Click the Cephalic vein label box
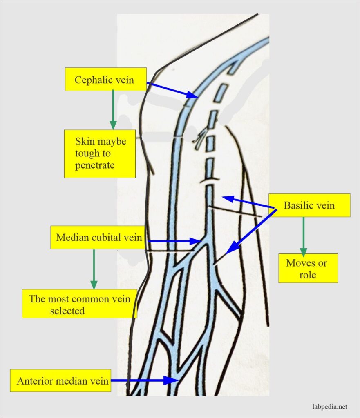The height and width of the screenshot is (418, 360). [105, 79]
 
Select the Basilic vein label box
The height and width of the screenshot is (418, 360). [309, 205]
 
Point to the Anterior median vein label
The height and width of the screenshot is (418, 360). [60, 381]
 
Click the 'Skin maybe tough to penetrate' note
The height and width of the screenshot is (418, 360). [100, 154]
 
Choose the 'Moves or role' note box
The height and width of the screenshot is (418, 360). [308, 269]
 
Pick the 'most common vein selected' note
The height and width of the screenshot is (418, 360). [79, 304]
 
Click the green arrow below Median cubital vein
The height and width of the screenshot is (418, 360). [94, 269]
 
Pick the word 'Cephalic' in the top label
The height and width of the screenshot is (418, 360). [92, 79]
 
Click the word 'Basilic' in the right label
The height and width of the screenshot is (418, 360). [297, 205]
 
